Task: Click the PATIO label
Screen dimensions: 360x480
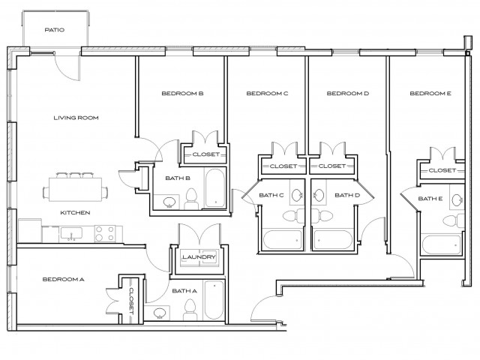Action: [x=53, y=31]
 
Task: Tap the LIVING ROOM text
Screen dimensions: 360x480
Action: [x=76, y=118]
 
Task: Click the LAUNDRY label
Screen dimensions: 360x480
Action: [x=199, y=258]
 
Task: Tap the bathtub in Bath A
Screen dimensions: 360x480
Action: [x=214, y=300]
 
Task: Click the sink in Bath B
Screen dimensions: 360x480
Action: [x=169, y=201]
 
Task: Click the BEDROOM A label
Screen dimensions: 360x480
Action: [x=63, y=279]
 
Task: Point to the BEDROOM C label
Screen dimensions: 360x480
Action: [x=267, y=94]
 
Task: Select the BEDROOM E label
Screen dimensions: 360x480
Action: [x=430, y=94]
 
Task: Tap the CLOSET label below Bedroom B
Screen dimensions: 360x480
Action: [x=205, y=154]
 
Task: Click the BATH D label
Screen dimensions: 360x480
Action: [x=347, y=196]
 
